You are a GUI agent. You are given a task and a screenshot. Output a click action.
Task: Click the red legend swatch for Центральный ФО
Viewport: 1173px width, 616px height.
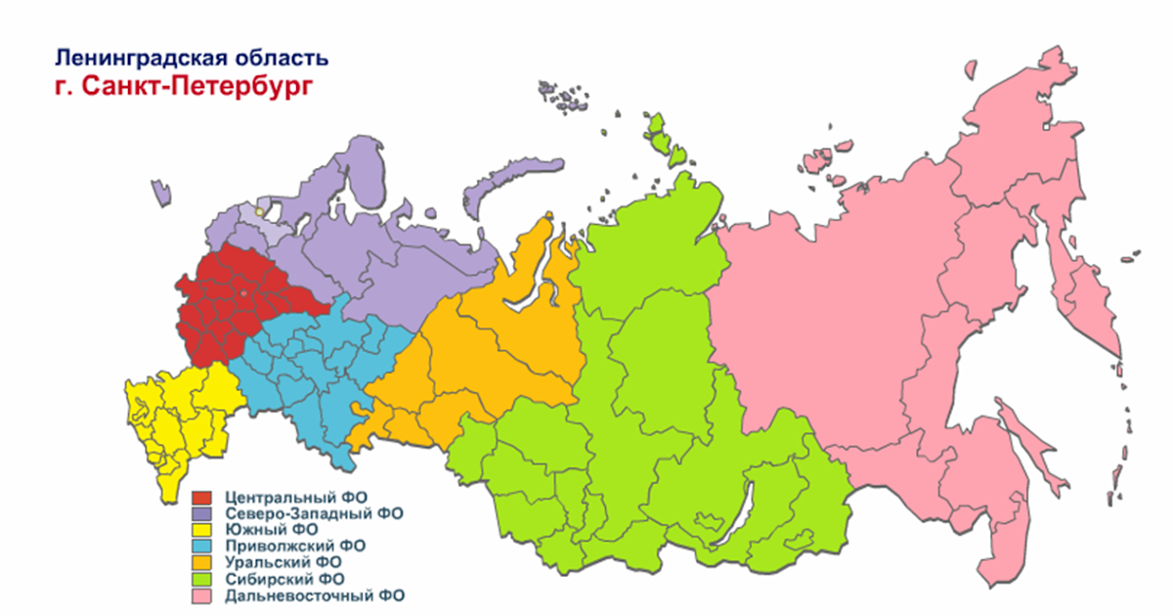click(203, 498)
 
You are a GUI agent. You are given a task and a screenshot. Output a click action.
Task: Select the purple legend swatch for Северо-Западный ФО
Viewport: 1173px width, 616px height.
click(203, 513)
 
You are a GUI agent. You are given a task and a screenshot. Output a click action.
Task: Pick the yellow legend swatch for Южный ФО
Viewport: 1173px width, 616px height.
click(203, 530)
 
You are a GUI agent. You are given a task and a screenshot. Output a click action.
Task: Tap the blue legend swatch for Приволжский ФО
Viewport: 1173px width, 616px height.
click(203, 546)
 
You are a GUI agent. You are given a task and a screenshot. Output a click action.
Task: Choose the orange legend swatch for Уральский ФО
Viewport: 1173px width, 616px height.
click(203, 562)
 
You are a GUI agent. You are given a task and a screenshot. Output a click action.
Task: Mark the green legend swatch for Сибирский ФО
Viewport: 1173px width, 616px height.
click(203, 578)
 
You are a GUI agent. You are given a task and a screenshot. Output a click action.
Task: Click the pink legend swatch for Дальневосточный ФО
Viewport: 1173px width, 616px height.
click(203, 594)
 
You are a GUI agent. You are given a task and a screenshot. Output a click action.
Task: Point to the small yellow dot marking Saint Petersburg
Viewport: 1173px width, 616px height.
click(258, 209)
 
